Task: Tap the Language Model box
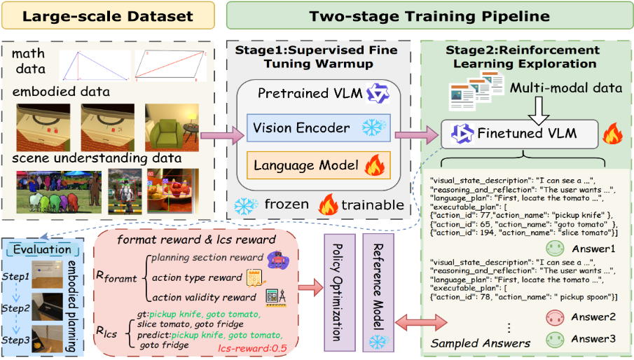pyautogui.click(x=303, y=167)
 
